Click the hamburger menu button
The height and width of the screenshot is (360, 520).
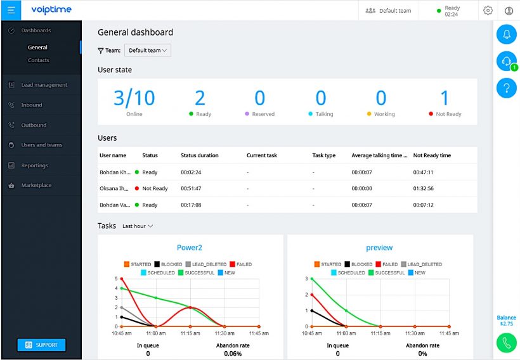click(11, 10)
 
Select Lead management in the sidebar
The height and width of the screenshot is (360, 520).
click(43, 85)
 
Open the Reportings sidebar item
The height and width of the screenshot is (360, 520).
click(34, 165)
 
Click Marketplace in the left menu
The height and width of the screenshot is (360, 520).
click(36, 186)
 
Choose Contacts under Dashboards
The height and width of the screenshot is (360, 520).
click(38, 60)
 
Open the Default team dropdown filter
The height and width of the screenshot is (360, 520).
click(148, 51)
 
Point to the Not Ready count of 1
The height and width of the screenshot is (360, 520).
click(444, 98)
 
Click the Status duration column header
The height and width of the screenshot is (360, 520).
click(199, 155)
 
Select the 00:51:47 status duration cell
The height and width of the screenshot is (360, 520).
click(192, 188)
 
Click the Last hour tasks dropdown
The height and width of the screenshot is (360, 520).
click(138, 226)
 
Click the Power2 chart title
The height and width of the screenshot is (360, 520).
click(190, 248)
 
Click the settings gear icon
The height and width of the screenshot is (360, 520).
click(488, 11)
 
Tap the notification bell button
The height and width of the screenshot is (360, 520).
click(506, 35)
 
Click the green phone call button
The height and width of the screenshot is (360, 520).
click(506, 342)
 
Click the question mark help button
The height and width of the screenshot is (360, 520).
click(506, 87)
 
